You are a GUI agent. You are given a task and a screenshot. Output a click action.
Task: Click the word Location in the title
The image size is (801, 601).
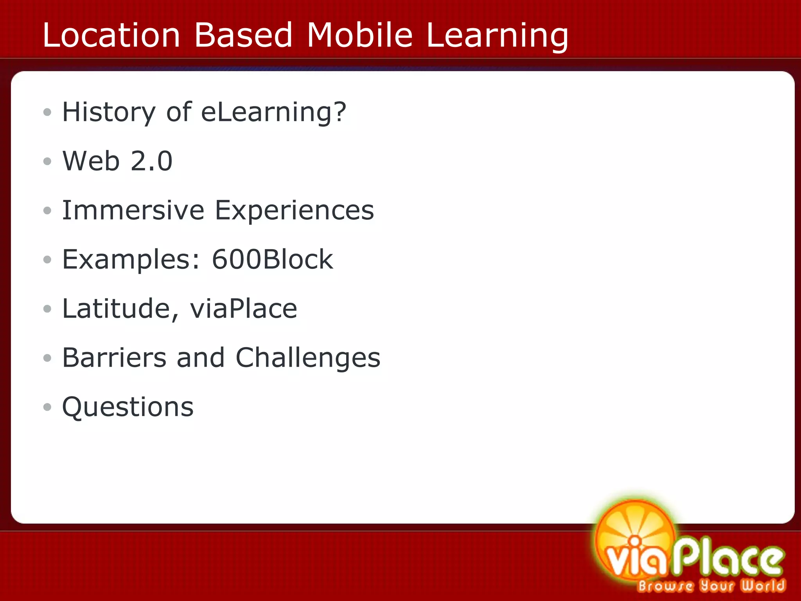pyautogui.click(x=111, y=35)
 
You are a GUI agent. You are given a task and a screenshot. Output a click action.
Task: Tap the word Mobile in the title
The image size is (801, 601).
pyautogui.click(x=359, y=35)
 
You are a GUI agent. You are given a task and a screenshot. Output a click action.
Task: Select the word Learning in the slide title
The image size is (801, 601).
pyautogui.click(x=497, y=36)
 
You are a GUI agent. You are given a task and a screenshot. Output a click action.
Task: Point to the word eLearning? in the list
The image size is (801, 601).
pyautogui.click(x=273, y=113)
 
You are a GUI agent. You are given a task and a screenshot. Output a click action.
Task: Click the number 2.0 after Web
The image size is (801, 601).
pyautogui.click(x=151, y=161)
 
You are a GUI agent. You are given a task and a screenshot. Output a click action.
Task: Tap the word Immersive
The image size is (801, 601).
pyautogui.click(x=133, y=210)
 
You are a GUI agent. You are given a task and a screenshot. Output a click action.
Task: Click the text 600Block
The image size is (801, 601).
pyautogui.click(x=272, y=259)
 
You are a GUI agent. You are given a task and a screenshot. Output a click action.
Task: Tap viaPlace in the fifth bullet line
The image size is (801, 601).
pyautogui.click(x=243, y=309)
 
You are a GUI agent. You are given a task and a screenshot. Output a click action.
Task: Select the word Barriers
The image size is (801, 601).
pyautogui.click(x=114, y=358)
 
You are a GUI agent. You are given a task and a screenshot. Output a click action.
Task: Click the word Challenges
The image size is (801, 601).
pyautogui.click(x=308, y=358)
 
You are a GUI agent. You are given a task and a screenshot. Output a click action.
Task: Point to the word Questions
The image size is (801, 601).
pyautogui.click(x=128, y=407)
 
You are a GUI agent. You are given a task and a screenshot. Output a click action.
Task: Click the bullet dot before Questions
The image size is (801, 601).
pyautogui.click(x=47, y=407)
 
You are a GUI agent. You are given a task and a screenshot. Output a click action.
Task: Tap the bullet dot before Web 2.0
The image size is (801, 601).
pyautogui.click(x=47, y=161)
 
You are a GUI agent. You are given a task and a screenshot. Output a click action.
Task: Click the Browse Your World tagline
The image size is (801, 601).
pyautogui.click(x=711, y=586)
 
